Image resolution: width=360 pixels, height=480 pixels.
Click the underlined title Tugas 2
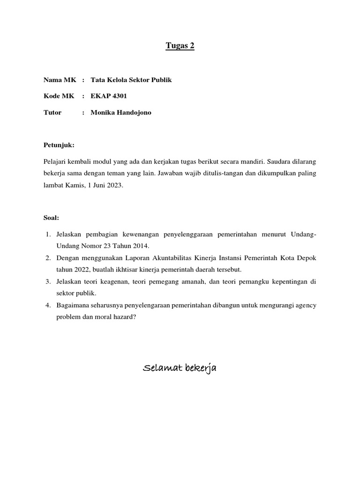coord(180,46)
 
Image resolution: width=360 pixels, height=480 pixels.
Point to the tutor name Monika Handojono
coord(121,112)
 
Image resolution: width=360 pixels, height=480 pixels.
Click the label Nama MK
coord(60,80)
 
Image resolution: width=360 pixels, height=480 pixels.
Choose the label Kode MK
coord(59,96)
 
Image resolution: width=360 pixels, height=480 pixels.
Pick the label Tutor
coord(52,112)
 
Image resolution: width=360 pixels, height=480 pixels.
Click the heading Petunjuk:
coord(59,145)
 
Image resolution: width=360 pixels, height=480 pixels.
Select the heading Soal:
coord(51,218)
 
